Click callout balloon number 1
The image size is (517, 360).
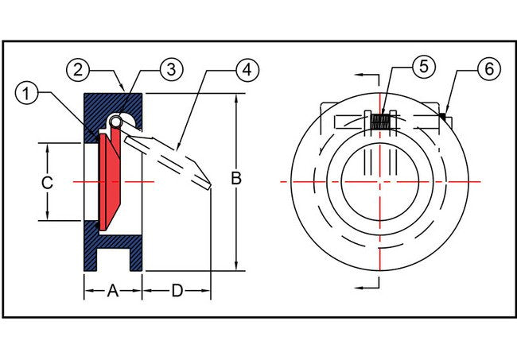[27, 93]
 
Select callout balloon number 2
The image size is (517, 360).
[77, 69]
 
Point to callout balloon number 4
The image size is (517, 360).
[248, 69]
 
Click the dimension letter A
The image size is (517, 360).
[113, 292]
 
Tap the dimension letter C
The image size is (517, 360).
[47, 182]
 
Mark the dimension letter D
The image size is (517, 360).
[177, 292]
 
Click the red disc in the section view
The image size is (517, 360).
[110, 181]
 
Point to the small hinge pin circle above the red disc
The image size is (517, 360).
[116, 122]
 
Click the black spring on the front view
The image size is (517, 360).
[381, 121]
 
